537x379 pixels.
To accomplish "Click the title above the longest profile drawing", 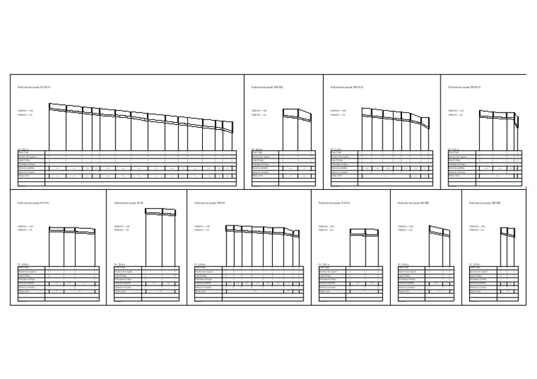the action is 34,87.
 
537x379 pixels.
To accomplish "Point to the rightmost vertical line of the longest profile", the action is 232,136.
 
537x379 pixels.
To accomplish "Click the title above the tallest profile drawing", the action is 129,203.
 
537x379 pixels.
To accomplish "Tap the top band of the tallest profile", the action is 159,211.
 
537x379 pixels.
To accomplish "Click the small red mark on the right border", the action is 525,188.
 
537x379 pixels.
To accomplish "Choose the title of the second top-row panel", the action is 266,87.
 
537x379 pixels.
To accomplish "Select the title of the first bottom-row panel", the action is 33,203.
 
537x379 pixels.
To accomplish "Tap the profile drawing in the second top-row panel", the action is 297,128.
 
